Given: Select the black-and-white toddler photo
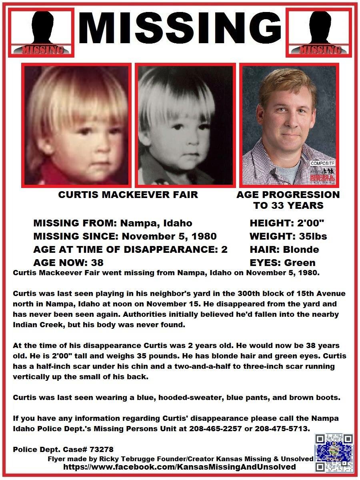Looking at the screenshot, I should coord(184,125).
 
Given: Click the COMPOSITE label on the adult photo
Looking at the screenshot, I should coord(323,164).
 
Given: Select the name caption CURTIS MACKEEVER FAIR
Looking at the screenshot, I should coord(128,195).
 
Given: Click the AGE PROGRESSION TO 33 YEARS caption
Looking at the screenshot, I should coord(288,200).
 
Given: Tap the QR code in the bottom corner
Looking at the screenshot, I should coord(334,453).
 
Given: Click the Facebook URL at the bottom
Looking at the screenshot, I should coord(180,467).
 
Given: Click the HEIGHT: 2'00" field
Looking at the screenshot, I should coord(286,223).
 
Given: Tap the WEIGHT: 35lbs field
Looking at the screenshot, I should coord(288,236).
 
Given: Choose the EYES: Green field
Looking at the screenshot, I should coord(282,263).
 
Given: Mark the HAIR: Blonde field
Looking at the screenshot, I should coord(284,250).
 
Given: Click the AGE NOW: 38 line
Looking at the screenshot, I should coord(68,263).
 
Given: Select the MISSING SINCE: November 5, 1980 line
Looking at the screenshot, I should coord(125,236).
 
